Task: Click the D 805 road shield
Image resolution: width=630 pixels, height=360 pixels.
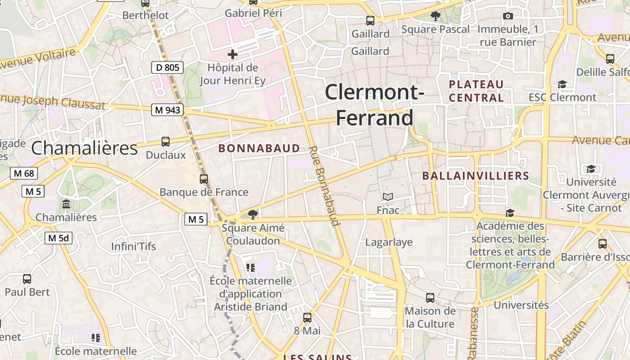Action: (167, 68)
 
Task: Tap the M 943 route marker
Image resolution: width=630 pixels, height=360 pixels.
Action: (167, 110)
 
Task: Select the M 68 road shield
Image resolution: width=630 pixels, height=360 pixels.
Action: (24, 173)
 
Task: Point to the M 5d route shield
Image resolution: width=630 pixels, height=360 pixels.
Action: (58, 238)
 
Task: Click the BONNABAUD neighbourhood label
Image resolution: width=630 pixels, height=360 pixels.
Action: (259, 148)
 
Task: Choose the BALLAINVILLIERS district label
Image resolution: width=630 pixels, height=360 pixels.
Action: (475, 175)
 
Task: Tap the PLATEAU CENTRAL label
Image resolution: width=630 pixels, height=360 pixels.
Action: (476, 91)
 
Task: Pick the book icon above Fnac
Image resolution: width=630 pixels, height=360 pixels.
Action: (388, 197)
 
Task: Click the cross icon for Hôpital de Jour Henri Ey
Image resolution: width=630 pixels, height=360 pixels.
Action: (233, 55)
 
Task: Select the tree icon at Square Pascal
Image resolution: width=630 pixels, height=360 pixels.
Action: (435, 16)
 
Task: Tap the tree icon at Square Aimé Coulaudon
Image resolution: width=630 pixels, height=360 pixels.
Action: (253, 214)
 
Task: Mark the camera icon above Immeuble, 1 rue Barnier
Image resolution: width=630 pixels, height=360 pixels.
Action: (508, 16)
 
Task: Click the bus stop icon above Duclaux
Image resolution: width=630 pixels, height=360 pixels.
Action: (166, 142)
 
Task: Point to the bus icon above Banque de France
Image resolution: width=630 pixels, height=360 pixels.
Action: (204, 179)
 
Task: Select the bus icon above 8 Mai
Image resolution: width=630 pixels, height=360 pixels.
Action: (307, 318)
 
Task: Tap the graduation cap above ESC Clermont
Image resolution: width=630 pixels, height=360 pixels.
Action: (562, 84)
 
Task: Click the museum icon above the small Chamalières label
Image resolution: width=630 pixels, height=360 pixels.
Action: (66, 204)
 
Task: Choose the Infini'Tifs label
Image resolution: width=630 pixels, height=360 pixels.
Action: (134, 247)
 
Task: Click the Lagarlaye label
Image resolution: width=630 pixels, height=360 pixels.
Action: (389, 242)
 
